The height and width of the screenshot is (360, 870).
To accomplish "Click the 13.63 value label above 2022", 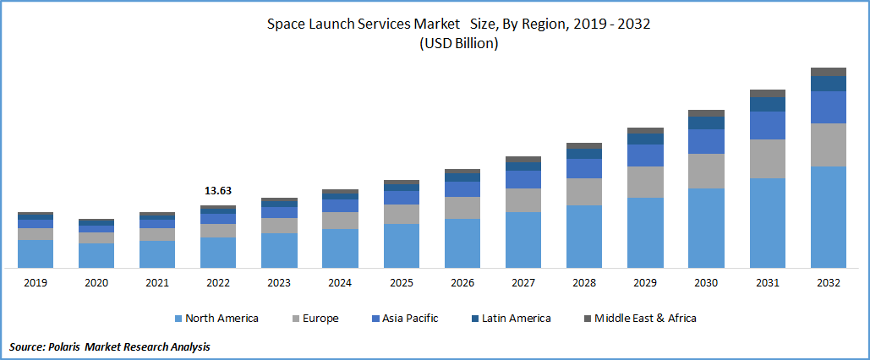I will coord(217,191).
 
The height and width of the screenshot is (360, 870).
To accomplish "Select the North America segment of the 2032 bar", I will coord(828,217).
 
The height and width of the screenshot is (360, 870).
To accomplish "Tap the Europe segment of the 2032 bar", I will coord(828,145).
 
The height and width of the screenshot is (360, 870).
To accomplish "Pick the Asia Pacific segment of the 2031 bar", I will coord(767,125).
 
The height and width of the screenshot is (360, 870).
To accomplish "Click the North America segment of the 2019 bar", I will coord(36,254).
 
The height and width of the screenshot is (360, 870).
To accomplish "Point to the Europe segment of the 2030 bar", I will coord(706,171).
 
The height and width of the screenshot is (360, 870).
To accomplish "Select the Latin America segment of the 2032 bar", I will coord(828,83).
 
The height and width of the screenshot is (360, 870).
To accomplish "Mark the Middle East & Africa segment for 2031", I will coord(767,93).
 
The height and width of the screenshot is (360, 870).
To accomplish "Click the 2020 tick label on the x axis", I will coord(96,283).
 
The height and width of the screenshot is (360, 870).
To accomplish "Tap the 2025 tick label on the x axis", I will coord(401,283).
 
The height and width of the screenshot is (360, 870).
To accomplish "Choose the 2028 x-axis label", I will coord(583,283).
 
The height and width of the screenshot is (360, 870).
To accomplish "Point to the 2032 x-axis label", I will coord(828,283).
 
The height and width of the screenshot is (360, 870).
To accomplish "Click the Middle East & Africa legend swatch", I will coord(588,319).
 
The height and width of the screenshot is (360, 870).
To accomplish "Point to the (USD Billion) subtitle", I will coord(459,44).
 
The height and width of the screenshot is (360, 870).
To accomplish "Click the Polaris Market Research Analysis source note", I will coord(110,346).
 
